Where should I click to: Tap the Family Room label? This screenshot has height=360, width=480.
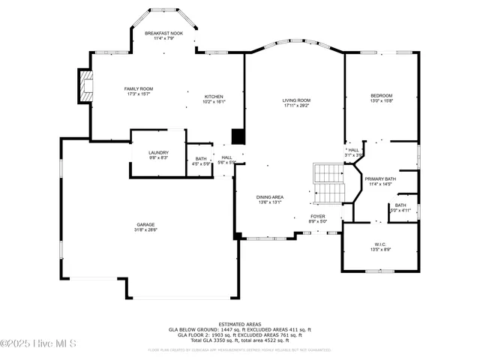point(139,88)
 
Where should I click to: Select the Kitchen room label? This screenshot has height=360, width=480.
point(214,97)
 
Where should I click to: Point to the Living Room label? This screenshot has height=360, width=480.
point(296,100)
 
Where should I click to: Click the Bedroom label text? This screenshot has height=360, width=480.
point(381,96)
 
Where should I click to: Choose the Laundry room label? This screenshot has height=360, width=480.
point(157,152)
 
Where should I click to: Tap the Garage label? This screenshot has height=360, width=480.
point(145,224)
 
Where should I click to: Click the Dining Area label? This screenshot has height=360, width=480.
point(269,196)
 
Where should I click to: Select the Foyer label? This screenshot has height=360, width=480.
point(318,216)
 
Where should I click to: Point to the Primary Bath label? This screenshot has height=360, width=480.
point(379,178)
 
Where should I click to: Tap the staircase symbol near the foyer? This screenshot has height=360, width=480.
point(327,182)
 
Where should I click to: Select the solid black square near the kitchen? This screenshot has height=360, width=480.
point(238,136)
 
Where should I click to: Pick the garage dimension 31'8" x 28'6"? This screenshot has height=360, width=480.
point(145,229)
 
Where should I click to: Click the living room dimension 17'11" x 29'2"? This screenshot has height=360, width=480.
point(296,105)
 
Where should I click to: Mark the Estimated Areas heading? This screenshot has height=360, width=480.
point(240,324)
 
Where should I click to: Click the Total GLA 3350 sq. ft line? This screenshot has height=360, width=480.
point(240,340)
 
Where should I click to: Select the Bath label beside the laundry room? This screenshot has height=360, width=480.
point(201,158)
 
